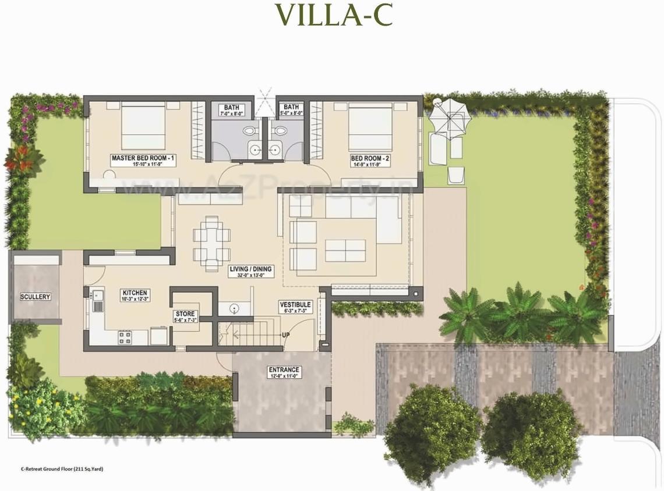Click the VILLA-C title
coord(334,16)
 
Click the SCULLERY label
coord(36,297)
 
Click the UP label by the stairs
coord(286,336)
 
